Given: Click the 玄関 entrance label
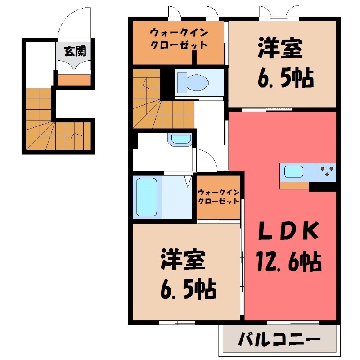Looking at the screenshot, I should click(x=74, y=51).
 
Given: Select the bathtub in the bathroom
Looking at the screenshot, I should click(x=147, y=197).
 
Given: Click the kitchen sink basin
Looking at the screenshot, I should click(x=294, y=171).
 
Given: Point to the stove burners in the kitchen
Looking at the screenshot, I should click(x=327, y=171).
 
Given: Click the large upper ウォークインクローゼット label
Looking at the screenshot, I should click(x=179, y=39).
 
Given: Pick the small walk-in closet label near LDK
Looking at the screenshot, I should click(x=218, y=197).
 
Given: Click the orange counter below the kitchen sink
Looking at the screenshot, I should click(x=294, y=185).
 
